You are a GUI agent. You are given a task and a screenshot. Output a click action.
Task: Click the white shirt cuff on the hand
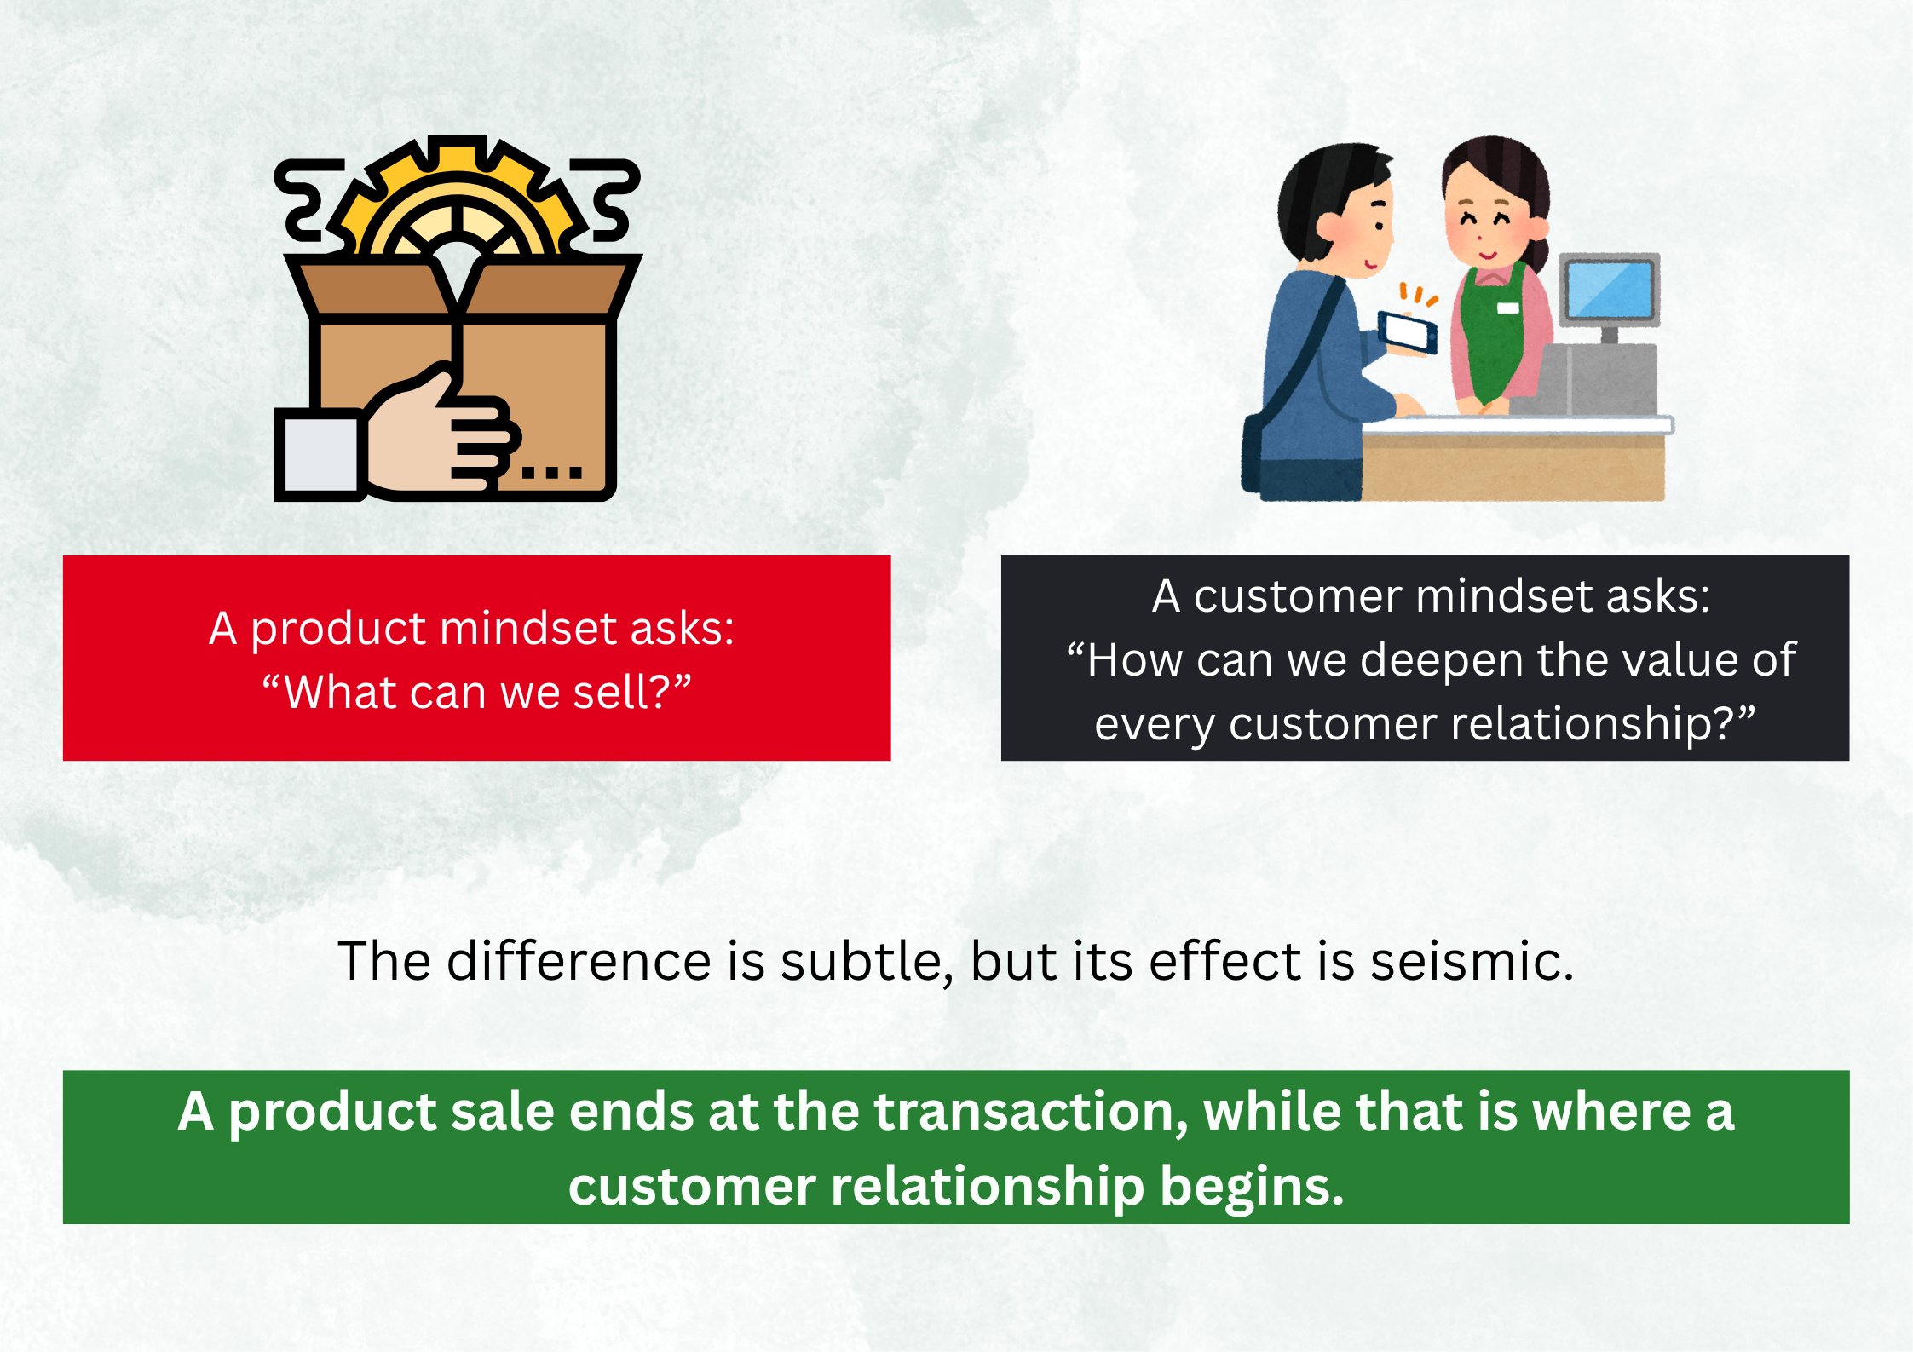[x=320, y=454]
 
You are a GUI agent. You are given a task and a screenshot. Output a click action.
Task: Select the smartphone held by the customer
[x=1408, y=333]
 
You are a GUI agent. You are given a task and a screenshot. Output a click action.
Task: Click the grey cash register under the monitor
[x=1593, y=380]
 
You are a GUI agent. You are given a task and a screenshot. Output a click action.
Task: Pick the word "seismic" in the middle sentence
[x=1472, y=961]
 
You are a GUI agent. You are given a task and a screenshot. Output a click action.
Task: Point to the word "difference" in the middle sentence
[x=579, y=961]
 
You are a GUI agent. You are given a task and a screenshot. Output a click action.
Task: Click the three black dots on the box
[x=551, y=472]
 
